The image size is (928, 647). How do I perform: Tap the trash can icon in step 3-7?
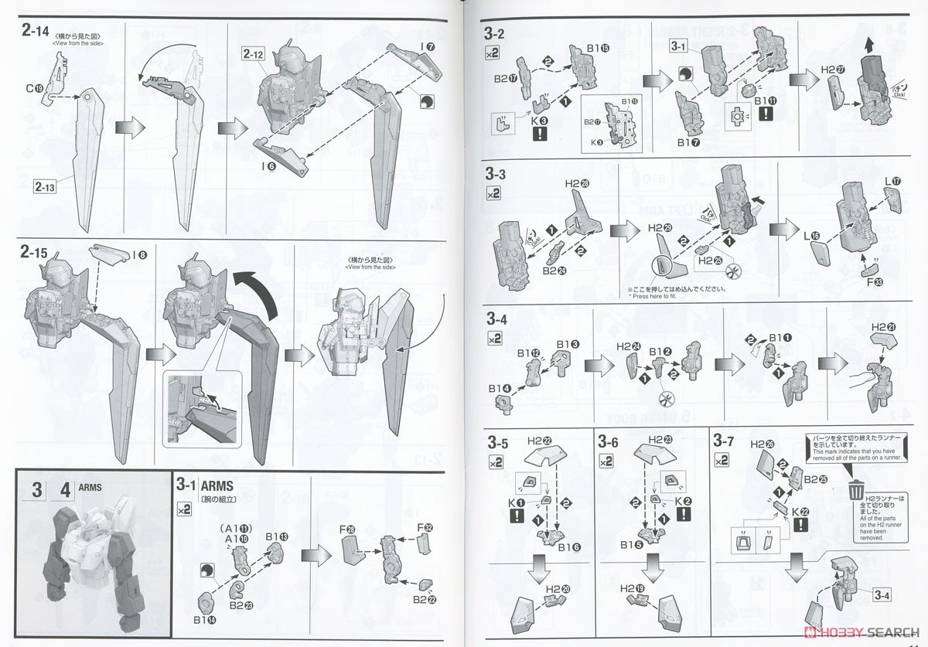[856, 489]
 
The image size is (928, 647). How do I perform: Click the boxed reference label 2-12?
[255, 55]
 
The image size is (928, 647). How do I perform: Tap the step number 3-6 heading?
[609, 443]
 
